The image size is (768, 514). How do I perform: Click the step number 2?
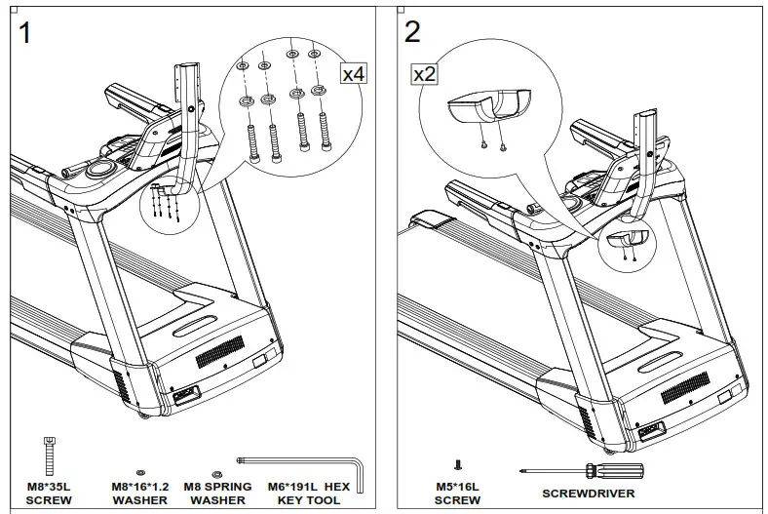coord(412,32)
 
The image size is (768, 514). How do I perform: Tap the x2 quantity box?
coord(425,74)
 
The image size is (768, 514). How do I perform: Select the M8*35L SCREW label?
coord(49,493)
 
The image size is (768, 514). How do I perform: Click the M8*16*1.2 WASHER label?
coord(140,493)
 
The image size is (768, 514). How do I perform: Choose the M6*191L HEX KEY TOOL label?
coord(310,493)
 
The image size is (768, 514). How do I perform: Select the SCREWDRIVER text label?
coord(584,494)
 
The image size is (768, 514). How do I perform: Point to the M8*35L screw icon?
coord(48,456)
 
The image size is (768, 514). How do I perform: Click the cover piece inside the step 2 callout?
coord(484,109)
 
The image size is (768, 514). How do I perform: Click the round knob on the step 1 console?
coord(99,170)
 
